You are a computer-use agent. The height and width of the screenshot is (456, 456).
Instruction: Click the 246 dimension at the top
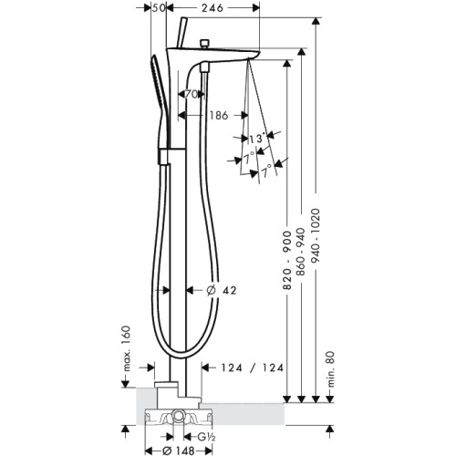click(x=212, y=8)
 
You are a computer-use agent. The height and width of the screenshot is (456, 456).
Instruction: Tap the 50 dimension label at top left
click(x=158, y=8)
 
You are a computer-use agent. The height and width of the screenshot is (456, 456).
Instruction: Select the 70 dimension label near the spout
click(x=192, y=95)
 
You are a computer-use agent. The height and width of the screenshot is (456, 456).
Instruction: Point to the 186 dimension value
click(x=219, y=116)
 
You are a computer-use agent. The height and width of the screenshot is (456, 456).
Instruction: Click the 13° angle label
click(x=256, y=139)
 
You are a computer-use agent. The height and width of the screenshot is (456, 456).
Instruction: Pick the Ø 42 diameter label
click(x=222, y=291)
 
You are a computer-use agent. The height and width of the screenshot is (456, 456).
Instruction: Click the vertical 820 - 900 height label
click(x=287, y=260)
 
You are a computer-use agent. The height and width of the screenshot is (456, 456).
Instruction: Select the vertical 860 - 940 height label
click(x=301, y=252)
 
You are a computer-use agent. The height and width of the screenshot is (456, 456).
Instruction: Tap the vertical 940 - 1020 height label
click(x=316, y=239)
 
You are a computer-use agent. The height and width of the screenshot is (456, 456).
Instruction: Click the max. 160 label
click(x=127, y=348)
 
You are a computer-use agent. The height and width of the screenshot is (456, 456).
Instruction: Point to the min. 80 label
click(x=330, y=369)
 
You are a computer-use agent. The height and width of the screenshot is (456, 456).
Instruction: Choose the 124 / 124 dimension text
click(x=252, y=368)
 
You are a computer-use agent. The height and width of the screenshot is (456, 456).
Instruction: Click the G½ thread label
click(x=207, y=437)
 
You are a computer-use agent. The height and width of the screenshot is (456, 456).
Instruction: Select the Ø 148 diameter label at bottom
click(x=179, y=451)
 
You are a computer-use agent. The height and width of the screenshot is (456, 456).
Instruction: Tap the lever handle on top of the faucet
click(x=182, y=33)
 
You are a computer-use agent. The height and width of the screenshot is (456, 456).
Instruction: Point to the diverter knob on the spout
click(x=204, y=44)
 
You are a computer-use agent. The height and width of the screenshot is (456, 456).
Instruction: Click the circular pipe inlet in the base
click(x=178, y=415)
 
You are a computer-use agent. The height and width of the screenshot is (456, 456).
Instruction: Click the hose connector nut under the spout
click(x=204, y=67)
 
